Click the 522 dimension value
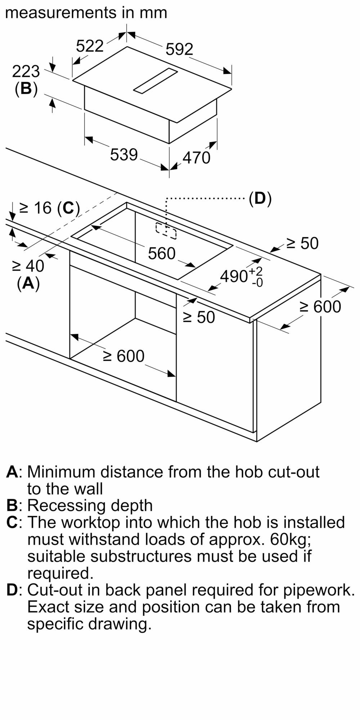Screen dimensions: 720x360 [x=90, y=46]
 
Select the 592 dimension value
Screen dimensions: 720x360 [x=179, y=49]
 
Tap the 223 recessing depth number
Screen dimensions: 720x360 [x=26, y=72]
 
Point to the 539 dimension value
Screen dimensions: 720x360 [x=124, y=155]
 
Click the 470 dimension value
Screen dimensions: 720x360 [x=197, y=158]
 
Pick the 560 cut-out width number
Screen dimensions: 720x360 [x=162, y=254]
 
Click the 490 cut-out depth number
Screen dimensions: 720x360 [x=234, y=276]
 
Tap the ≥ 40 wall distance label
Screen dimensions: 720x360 [x=28, y=266]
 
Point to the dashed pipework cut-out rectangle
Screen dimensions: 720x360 [x=166, y=231]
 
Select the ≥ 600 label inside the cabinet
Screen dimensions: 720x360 [x=124, y=356]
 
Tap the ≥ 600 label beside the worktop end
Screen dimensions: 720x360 [x=320, y=307]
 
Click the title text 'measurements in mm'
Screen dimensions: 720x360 [x=86, y=13]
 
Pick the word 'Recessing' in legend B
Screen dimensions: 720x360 [x=66, y=505]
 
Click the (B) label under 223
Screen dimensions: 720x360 [x=26, y=89]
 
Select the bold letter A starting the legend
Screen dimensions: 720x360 [x=12, y=472]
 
